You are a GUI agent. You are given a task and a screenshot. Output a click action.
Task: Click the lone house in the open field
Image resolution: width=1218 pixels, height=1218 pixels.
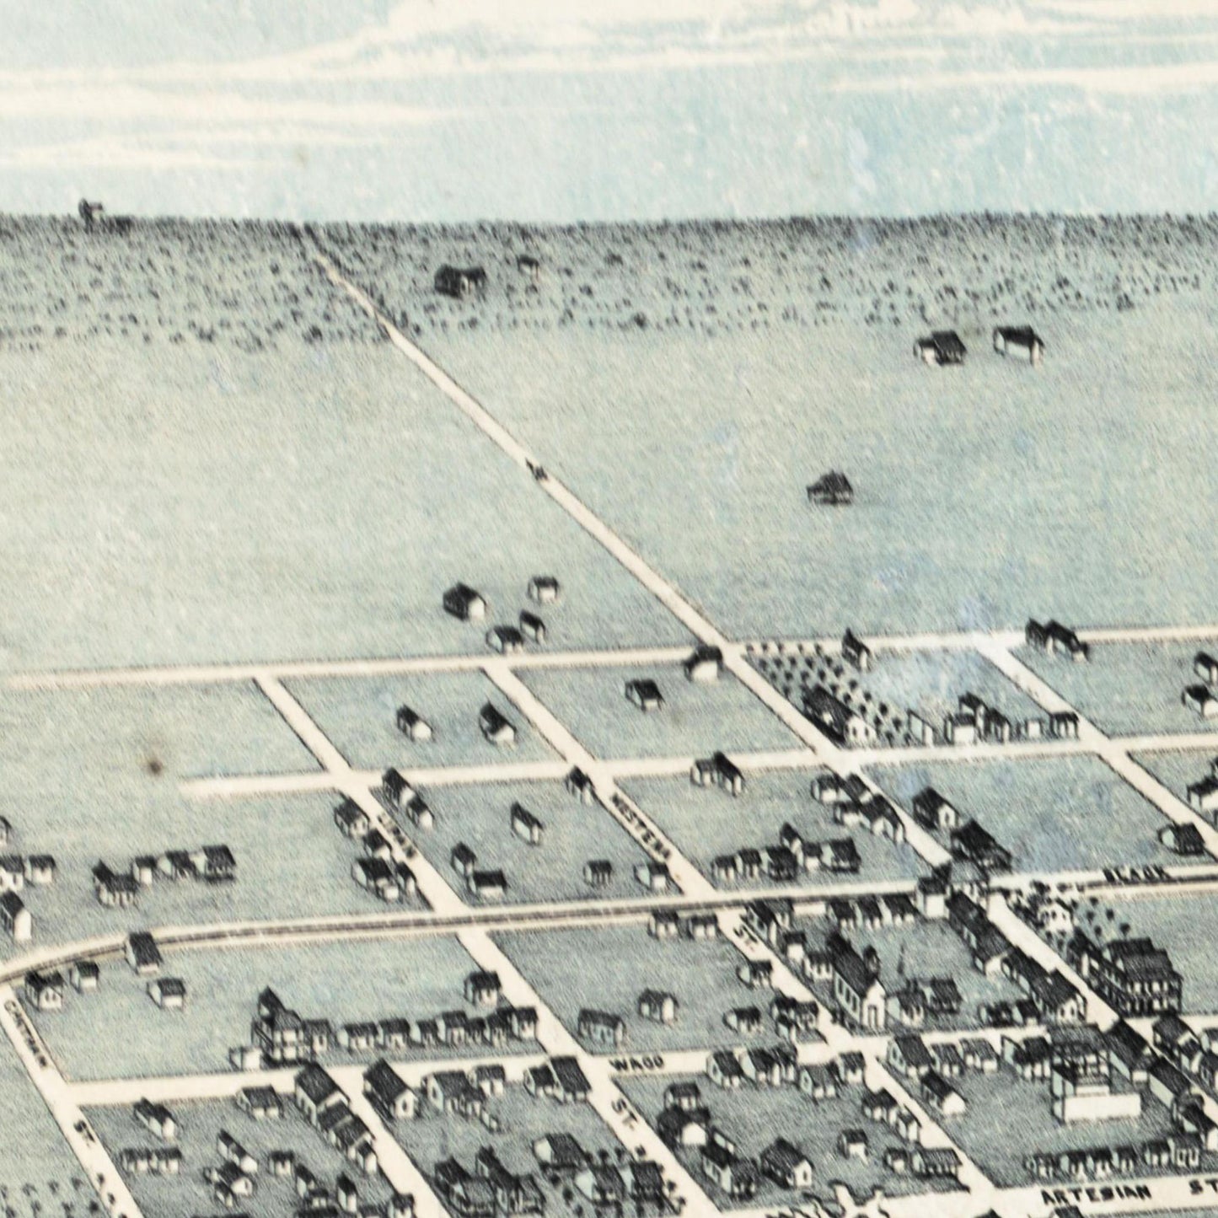(830, 487)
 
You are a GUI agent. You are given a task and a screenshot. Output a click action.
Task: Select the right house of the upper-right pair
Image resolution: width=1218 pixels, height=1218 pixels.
(1018, 341)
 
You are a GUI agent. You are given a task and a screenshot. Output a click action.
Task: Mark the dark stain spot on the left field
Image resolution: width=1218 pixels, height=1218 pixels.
(154, 765)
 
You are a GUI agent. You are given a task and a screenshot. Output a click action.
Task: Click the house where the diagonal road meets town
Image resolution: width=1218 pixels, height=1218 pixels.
(703, 663)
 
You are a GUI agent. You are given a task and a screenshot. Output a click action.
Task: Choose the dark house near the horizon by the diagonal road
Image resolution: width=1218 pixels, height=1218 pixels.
(460, 279)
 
